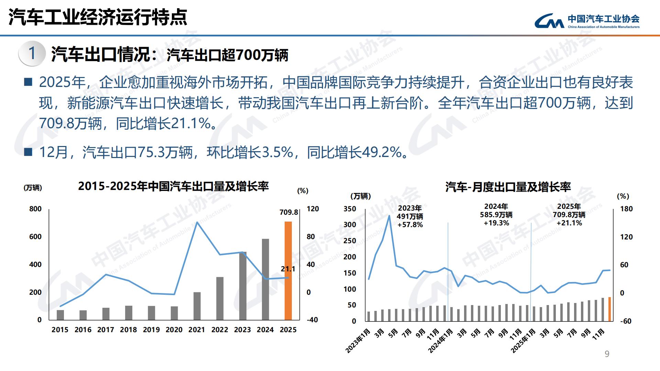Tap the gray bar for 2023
(x=243, y=286)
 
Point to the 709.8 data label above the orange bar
(x=288, y=212)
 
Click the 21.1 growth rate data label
(x=288, y=269)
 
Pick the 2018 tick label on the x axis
(x=128, y=330)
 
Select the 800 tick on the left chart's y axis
(x=35, y=209)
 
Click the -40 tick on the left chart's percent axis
(x=312, y=320)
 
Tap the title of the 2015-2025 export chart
(x=173, y=187)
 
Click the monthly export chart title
(x=508, y=187)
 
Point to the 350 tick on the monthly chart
(x=350, y=209)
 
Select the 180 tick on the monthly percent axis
(x=626, y=209)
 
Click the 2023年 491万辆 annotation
(x=410, y=216)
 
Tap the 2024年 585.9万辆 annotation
(x=496, y=215)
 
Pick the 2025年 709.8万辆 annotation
(x=569, y=215)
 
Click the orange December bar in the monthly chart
(x=609, y=309)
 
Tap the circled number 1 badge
(x=32, y=54)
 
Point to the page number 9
(x=607, y=354)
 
